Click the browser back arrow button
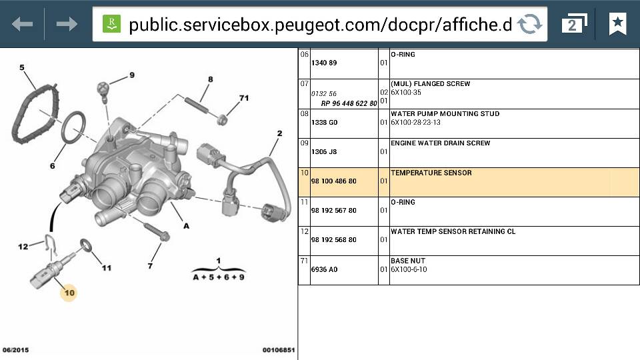tap(23, 24)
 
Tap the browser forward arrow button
tap(67, 24)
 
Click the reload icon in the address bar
tap(530, 24)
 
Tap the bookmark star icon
tap(617, 24)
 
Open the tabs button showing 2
tap(574, 24)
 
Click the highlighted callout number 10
tap(69, 293)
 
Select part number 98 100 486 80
tap(334, 181)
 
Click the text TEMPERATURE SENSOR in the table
tap(431, 173)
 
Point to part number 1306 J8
tap(324, 151)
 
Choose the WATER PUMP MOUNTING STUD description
tap(445, 113)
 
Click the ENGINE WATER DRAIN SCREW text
tap(441, 143)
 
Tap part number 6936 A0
tap(324, 269)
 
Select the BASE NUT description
tap(408, 261)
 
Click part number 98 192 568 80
tap(334, 239)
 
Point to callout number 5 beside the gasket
tap(21, 67)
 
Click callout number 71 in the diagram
tap(244, 98)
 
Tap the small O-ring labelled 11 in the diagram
tap(86, 245)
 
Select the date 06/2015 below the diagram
tap(15, 350)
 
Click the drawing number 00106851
tap(279, 350)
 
